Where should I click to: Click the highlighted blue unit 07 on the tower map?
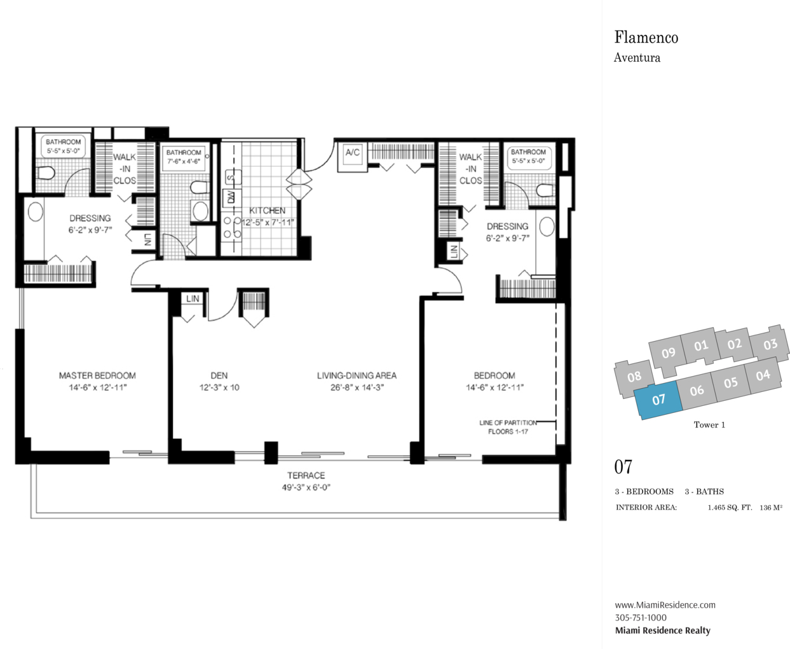(x=658, y=400)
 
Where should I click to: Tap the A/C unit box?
(x=353, y=157)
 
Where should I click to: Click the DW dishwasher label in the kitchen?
(x=231, y=197)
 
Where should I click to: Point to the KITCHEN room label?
(x=267, y=211)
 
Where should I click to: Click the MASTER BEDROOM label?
(x=97, y=375)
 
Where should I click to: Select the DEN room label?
(x=219, y=375)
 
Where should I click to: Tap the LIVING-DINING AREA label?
(x=357, y=375)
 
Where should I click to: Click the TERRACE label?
(x=306, y=475)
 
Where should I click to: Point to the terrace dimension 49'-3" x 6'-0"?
(x=306, y=487)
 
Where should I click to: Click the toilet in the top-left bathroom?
(x=46, y=173)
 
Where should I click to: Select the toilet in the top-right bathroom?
(x=545, y=190)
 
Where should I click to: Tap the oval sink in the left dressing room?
(x=36, y=212)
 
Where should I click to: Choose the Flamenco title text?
(x=646, y=38)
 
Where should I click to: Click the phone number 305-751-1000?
(x=641, y=618)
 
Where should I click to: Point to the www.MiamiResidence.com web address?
(x=665, y=604)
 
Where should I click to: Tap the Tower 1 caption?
(x=709, y=425)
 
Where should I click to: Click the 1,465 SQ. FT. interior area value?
(x=730, y=508)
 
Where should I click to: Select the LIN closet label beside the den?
(x=193, y=299)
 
